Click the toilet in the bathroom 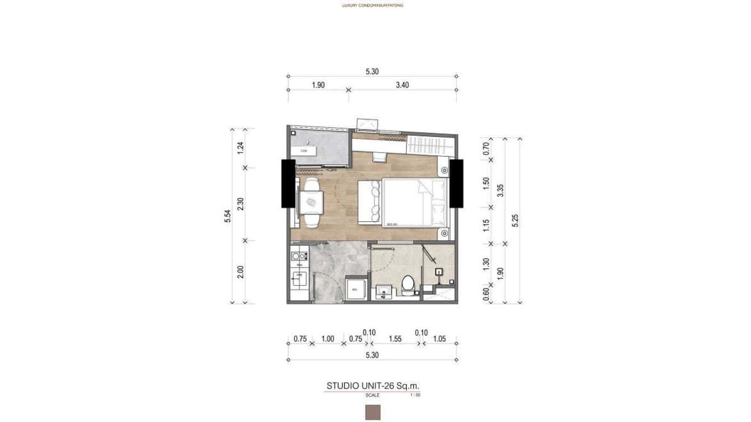[x=408, y=285]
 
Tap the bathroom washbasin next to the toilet [x=383, y=292]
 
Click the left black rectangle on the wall [x=288, y=184]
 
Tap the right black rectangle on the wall [x=456, y=184]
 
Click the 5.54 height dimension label [x=228, y=216]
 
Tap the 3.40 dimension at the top [x=402, y=85]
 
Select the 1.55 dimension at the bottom [x=395, y=339]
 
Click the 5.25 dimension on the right [x=515, y=220]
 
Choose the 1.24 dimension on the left [x=240, y=148]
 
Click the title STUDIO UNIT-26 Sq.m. [x=373, y=386]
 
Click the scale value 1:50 [x=415, y=395]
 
